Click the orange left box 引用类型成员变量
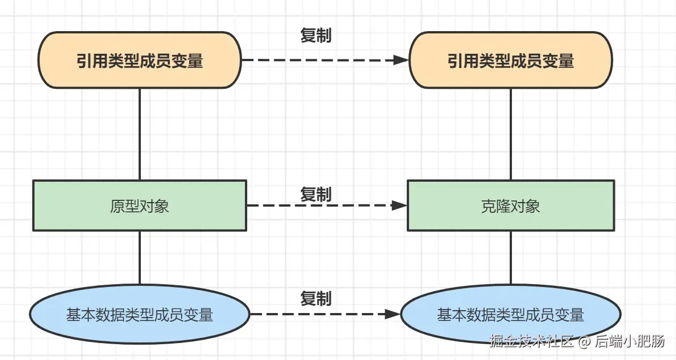coord(140,60)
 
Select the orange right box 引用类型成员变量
coord(510,60)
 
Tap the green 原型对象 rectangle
coord(140,205)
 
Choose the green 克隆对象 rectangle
coord(511,205)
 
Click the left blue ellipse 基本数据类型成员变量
coord(140,314)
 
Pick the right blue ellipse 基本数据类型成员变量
coord(511,314)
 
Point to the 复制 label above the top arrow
coord(316,35)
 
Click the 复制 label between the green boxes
coord(316,195)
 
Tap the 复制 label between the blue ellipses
coord(316,298)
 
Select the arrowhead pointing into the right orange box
coord(401,60)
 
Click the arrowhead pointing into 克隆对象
coord(399,205)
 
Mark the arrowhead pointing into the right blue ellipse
coord(393,314)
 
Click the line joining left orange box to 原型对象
coord(140,134)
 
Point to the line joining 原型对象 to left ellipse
coord(140,258)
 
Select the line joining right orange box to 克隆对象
coord(511,134)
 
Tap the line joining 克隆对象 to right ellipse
coord(511,258)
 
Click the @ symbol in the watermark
coord(584,342)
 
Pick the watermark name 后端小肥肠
coord(630,341)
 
